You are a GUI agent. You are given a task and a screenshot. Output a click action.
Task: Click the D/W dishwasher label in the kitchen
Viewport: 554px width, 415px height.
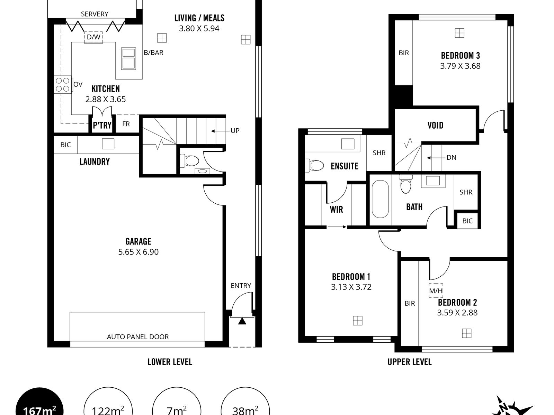(x=93, y=37)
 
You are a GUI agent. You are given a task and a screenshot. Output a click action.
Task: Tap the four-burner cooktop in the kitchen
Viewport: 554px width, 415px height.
(x=63, y=85)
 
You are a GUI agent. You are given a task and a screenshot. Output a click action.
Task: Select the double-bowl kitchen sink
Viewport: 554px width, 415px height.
(x=128, y=58)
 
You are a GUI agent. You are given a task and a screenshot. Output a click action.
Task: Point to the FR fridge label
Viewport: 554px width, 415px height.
(x=126, y=124)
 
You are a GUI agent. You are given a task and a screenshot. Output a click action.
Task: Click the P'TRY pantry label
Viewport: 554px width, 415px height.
(x=102, y=125)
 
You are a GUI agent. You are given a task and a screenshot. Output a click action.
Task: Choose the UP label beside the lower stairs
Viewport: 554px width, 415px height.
(x=235, y=131)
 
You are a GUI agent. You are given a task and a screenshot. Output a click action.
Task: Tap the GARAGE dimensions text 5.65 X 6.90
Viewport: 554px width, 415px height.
(x=138, y=252)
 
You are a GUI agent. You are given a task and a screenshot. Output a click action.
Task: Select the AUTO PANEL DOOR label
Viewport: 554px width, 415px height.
(x=138, y=337)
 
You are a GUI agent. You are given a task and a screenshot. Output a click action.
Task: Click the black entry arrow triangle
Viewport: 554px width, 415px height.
(x=242, y=321)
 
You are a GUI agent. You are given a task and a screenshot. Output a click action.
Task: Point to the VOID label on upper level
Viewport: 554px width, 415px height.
(x=435, y=125)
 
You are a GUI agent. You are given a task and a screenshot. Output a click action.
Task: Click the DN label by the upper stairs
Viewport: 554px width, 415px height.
(x=452, y=157)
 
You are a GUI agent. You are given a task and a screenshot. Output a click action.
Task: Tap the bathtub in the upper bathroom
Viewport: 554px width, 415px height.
(x=380, y=199)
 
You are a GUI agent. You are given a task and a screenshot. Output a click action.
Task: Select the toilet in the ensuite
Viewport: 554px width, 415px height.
(x=314, y=165)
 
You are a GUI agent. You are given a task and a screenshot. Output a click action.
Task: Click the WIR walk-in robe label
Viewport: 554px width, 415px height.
(x=336, y=209)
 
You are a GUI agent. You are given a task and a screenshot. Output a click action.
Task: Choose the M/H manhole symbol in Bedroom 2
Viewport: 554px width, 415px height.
(x=436, y=291)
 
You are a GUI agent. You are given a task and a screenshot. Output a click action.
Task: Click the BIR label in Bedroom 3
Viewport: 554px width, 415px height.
(x=404, y=53)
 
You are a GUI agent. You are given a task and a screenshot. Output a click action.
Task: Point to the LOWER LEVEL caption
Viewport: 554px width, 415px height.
(x=170, y=362)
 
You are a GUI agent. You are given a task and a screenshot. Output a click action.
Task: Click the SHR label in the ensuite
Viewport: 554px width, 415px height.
(x=379, y=153)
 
